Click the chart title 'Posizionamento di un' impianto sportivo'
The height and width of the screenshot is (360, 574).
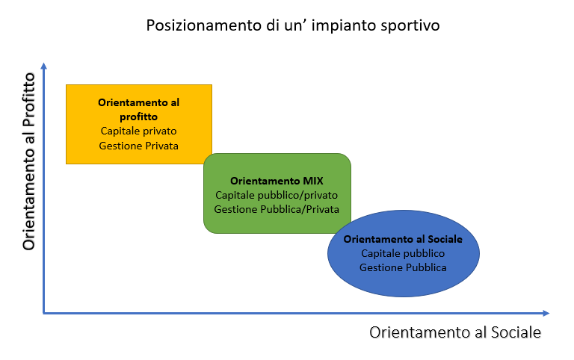click(293, 25)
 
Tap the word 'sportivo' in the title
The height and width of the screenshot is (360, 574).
click(410, 25)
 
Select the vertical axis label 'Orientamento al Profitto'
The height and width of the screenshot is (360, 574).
click(29, 161)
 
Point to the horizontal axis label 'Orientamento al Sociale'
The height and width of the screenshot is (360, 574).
click(454, 332)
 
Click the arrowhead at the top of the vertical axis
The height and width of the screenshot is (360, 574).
click(44, 67)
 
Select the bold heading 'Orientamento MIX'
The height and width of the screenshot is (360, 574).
click(277, 181)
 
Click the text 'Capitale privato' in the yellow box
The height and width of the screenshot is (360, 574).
click(139, 131)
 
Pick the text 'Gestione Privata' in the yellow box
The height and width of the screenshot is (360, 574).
click(139, 145)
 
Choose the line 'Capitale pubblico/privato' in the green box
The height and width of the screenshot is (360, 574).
click(277, 195)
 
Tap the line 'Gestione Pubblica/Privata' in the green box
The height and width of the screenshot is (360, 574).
click(277, 209)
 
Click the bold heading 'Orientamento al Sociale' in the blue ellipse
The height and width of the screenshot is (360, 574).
click(403, 239)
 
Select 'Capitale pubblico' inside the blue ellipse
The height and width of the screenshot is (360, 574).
click(403, 253)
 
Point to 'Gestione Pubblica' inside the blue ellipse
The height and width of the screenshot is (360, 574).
click(403, 267)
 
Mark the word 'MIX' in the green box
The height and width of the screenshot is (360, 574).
click(312, 181)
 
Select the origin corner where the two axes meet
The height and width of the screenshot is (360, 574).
click(44, 313)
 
